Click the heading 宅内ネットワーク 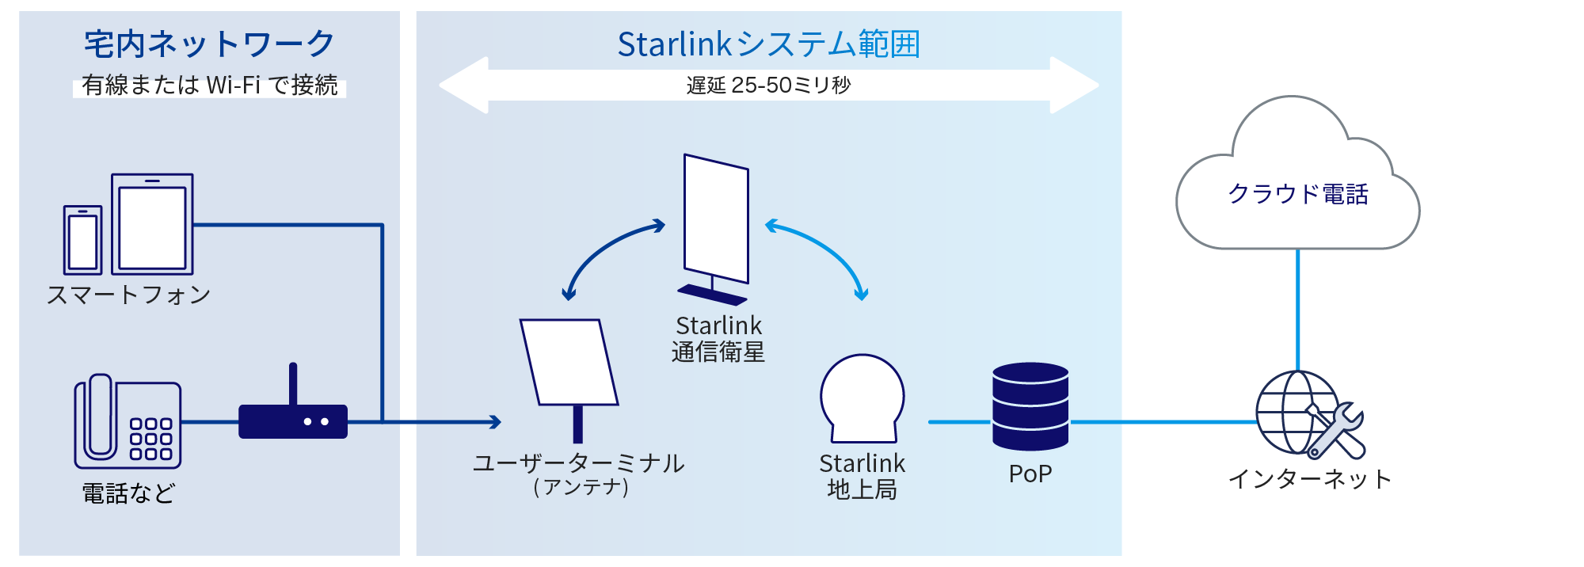click(x=209, y=44)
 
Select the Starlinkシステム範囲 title click(x=768, y=44)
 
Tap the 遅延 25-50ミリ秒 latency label click(x=768, y=85)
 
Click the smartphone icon click(x=82, y=240)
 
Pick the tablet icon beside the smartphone click(x=152, y=225)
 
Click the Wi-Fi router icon click(x=293, y=421)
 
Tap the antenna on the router click(x=293, y=383)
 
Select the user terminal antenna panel click(x=569, y=362)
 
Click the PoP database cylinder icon click(x=1030, y=406)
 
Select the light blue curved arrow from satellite click(x=824, y=249)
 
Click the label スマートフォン click(x=128, y=295)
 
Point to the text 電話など click(x=128, y=493)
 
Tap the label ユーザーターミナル click(x=579, y=463)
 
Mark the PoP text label click(x=1030, y=474)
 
